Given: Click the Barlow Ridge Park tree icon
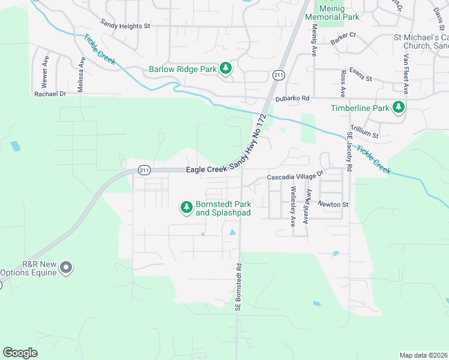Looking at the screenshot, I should (226, 68).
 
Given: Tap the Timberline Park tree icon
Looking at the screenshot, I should (398, 107).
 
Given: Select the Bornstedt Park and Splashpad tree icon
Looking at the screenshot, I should (187, 208).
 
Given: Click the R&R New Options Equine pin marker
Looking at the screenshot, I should (66, 267).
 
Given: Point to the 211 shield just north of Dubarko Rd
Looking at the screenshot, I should (278, 74).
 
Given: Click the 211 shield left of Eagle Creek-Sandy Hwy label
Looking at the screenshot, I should (143, 170).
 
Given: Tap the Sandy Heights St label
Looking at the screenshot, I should (125, 26).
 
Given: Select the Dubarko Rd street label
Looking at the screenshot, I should (292, 98).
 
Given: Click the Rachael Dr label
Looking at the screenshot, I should (50, 94).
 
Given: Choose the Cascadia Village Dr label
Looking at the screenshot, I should (295, 178).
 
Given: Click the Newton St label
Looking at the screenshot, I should (333, 205).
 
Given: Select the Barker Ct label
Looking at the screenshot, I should (343, 41).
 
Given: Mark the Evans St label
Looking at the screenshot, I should (361, 79).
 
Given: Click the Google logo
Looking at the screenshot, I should (20, 352).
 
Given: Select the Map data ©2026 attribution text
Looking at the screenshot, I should (424, 355).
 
